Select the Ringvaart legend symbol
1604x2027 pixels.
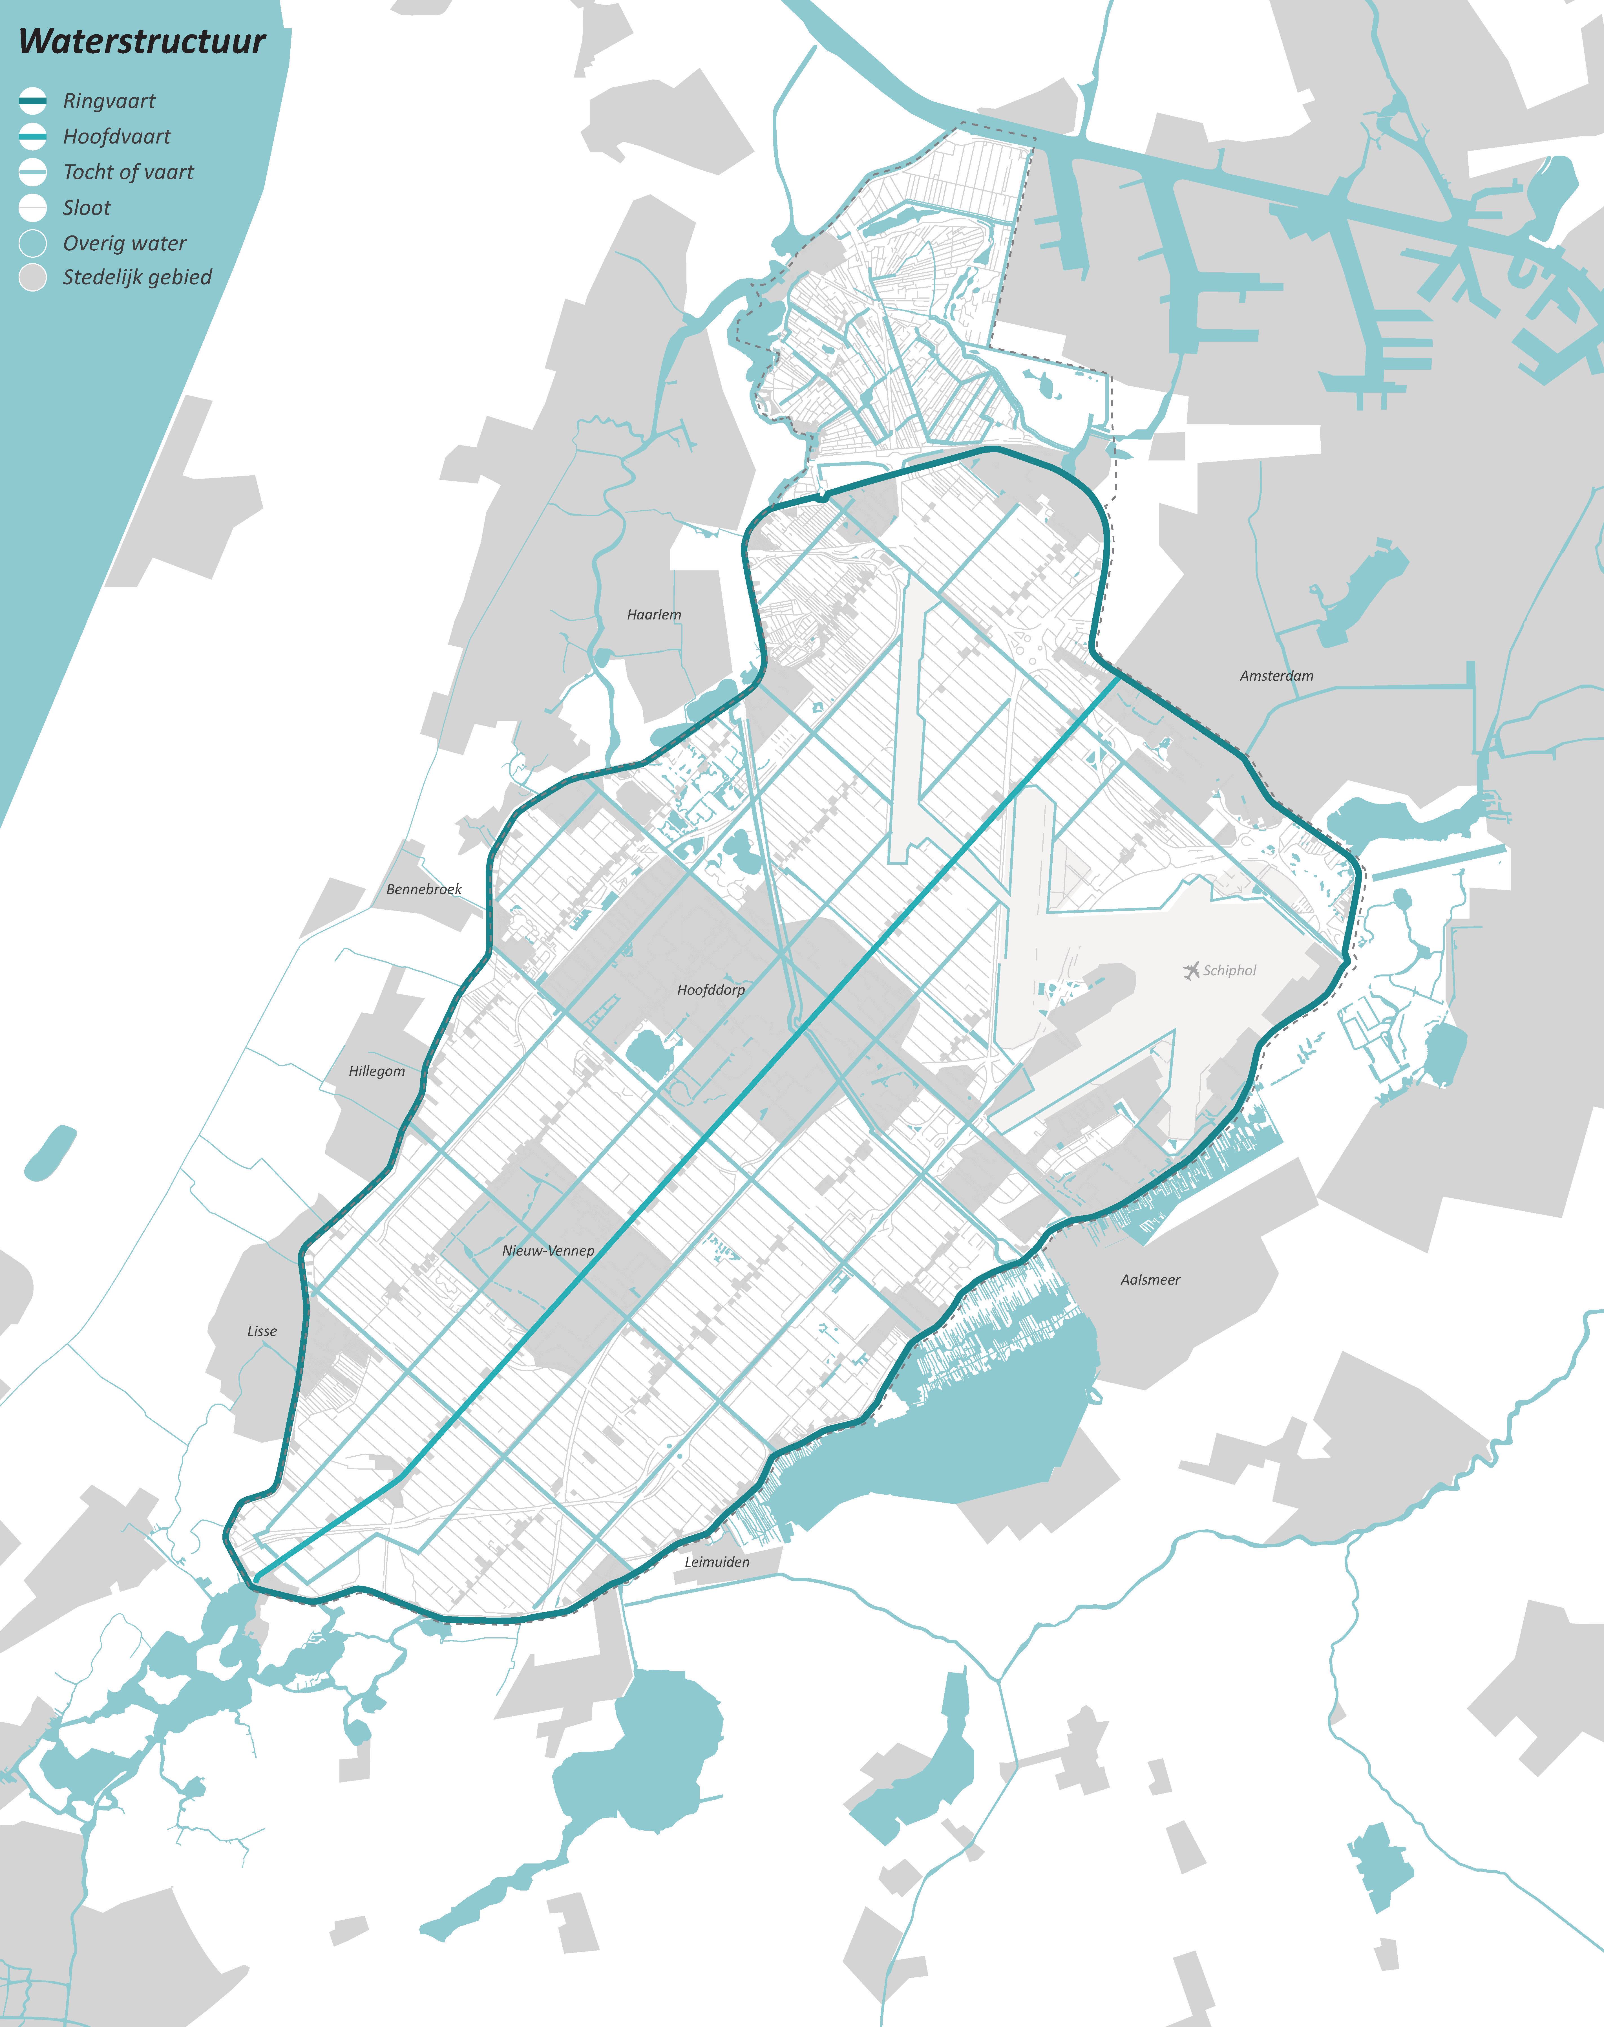[33, 100]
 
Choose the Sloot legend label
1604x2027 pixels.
[86, 208]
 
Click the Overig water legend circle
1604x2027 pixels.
[33, 243]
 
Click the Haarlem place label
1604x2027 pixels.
[654, 614]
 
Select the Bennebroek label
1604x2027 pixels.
[423, 888]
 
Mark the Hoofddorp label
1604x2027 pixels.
[711, 989]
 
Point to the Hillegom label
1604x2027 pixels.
[377, 1071]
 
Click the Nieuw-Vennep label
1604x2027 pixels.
[547, 1250]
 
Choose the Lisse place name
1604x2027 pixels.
[262, 1331]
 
